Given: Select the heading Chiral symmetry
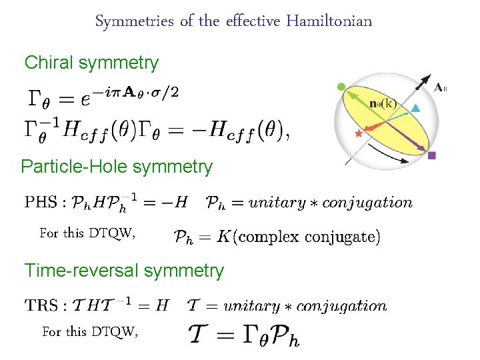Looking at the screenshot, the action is pyautogui.click(x=91, y=63).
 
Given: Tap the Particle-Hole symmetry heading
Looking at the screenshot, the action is pyautogui.click(x=117, y=167).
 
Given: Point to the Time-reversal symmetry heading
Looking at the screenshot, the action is pyautogui.click(x=124, y=271).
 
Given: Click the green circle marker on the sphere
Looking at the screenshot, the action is pyautogui.click(x=341, y=87).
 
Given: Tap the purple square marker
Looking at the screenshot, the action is pyautogui.click(x=432, y=155).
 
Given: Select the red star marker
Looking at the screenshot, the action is pyautogui.click(x=359, y=134).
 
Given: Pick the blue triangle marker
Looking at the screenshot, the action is pyautogui.click(x=415, y=108).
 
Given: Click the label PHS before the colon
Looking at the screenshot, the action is pyautogui.click(x=39, y=202).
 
